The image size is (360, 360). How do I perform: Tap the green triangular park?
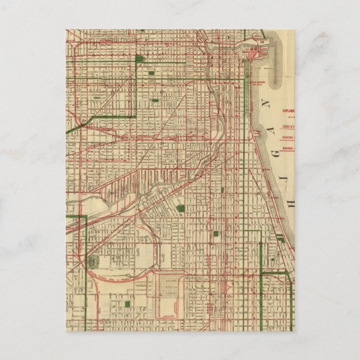coord(139,58)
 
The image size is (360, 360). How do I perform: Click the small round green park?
coord(180,208)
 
